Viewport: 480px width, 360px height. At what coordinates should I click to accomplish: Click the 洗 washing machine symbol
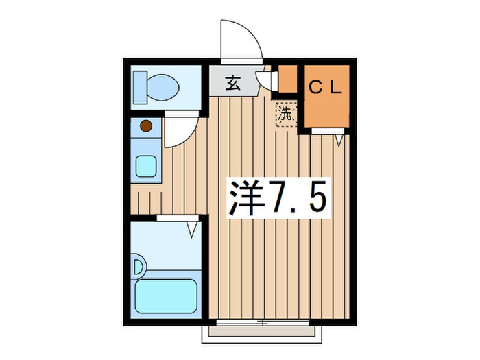point(285,113)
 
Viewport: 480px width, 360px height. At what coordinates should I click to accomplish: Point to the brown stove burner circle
point(145,126)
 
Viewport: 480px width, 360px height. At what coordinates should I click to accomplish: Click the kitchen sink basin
point(145,165)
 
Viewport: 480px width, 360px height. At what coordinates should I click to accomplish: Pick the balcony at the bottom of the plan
point(260,333)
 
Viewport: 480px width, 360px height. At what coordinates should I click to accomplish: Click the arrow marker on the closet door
point(339,140)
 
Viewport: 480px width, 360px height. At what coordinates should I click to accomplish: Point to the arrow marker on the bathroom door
point(192,227)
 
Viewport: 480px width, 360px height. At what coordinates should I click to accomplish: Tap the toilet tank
point(140,86)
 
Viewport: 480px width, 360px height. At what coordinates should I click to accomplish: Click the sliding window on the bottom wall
point(261,322)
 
